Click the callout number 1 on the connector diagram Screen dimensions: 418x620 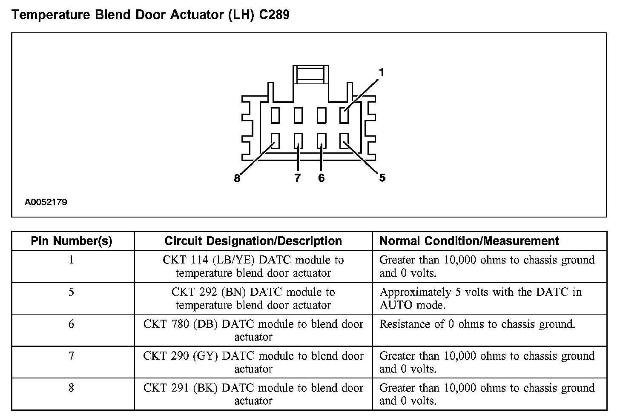click(381, 73)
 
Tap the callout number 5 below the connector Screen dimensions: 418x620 click(382, 178)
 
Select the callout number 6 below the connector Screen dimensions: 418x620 click(321, 178)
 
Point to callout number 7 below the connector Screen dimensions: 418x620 click(297, 178)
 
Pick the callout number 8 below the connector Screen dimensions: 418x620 click(237, 178)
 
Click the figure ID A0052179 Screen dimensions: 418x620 click(46, 202)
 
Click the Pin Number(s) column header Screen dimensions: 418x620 click(72, 241)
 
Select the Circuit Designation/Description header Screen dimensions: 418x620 click(253, 241)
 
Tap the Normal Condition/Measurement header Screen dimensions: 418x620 click(469, 241)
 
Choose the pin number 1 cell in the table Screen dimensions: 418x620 click(71, 260)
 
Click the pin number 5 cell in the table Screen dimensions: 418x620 click(71, 292)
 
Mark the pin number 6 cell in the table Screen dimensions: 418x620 click(71, 324)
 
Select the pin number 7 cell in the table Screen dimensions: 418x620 click(71, 356)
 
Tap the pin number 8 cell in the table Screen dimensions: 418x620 click(71, 388)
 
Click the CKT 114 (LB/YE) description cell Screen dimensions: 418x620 click(253, 266)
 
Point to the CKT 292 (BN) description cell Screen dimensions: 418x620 click(253, 298)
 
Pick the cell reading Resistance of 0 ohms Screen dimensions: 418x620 click(477, 324)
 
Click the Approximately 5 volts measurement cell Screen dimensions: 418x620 click(480, 298)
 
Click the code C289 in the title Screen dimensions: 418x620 click(274, 15)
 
